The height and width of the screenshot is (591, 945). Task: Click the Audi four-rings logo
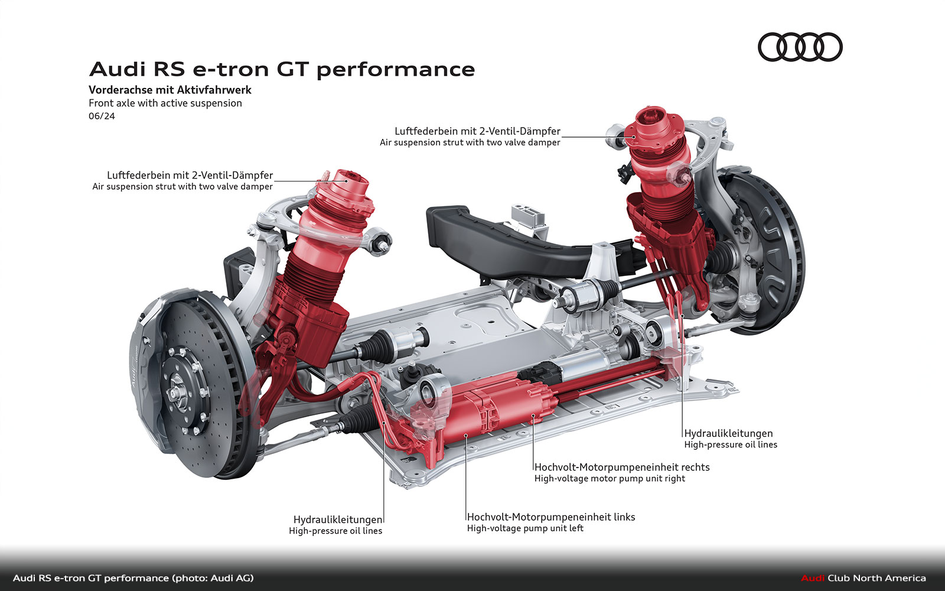pyautogui.click(x=800, y=47)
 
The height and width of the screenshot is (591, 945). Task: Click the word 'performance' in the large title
pyautogui.click(x=396, y=70)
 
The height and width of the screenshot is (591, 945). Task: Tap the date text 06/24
pyautogui.click(x=102, y=116)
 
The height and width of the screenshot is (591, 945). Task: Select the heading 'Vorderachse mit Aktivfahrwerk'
pyautogui.click(x=170, y=90)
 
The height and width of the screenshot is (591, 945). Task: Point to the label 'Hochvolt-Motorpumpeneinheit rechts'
pyautogui.click(x=622, y=467)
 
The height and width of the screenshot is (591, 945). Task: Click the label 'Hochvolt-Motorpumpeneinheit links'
pyautogui.click(x=551, y=517)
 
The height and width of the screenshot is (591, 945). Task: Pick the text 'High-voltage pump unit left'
pyautogui.click(x=525, y=528)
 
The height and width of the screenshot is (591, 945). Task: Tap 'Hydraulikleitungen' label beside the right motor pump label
pyautogui.click(x=729, y=434)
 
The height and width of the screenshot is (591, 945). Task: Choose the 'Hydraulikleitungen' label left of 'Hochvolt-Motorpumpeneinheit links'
pyautogui.click(x=338, y=519)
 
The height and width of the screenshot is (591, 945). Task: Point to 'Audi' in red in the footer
pyautogui.click(x=813, y=579)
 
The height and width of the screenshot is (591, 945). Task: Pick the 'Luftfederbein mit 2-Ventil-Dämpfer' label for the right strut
pyautogui.click(x=478, y=131)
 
